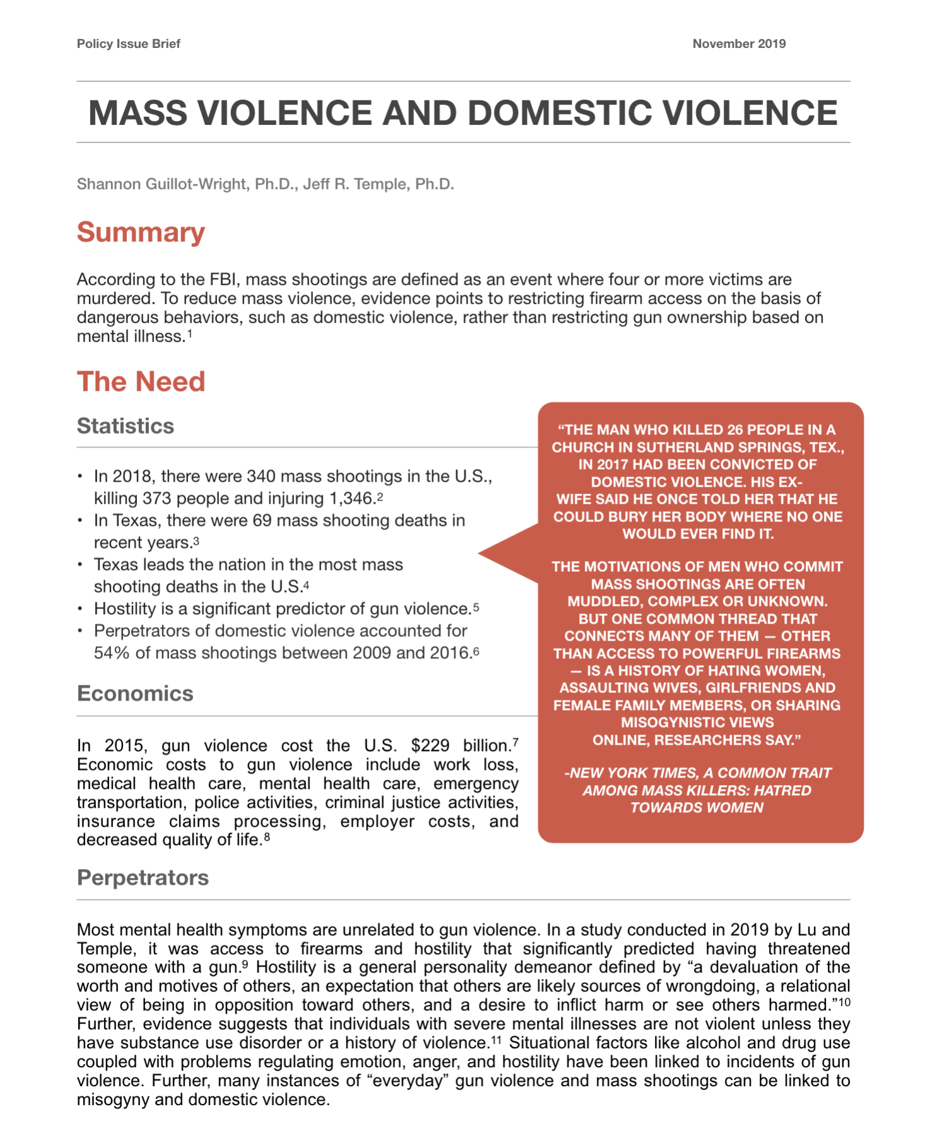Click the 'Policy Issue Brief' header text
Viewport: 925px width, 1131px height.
coord(128,44)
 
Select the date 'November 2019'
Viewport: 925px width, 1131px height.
coord(739,44)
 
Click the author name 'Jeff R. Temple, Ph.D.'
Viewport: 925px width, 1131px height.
coord(379,184)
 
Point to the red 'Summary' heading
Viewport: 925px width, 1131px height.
coord(141,232)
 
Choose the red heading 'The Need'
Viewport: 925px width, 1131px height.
coord(141,381)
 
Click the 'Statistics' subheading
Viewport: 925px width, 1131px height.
coord(125,426)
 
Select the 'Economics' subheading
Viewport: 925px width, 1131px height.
coord(134,694)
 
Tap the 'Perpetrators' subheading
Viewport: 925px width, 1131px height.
coord(143,878)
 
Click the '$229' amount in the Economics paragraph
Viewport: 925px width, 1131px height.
coord(430,745)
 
